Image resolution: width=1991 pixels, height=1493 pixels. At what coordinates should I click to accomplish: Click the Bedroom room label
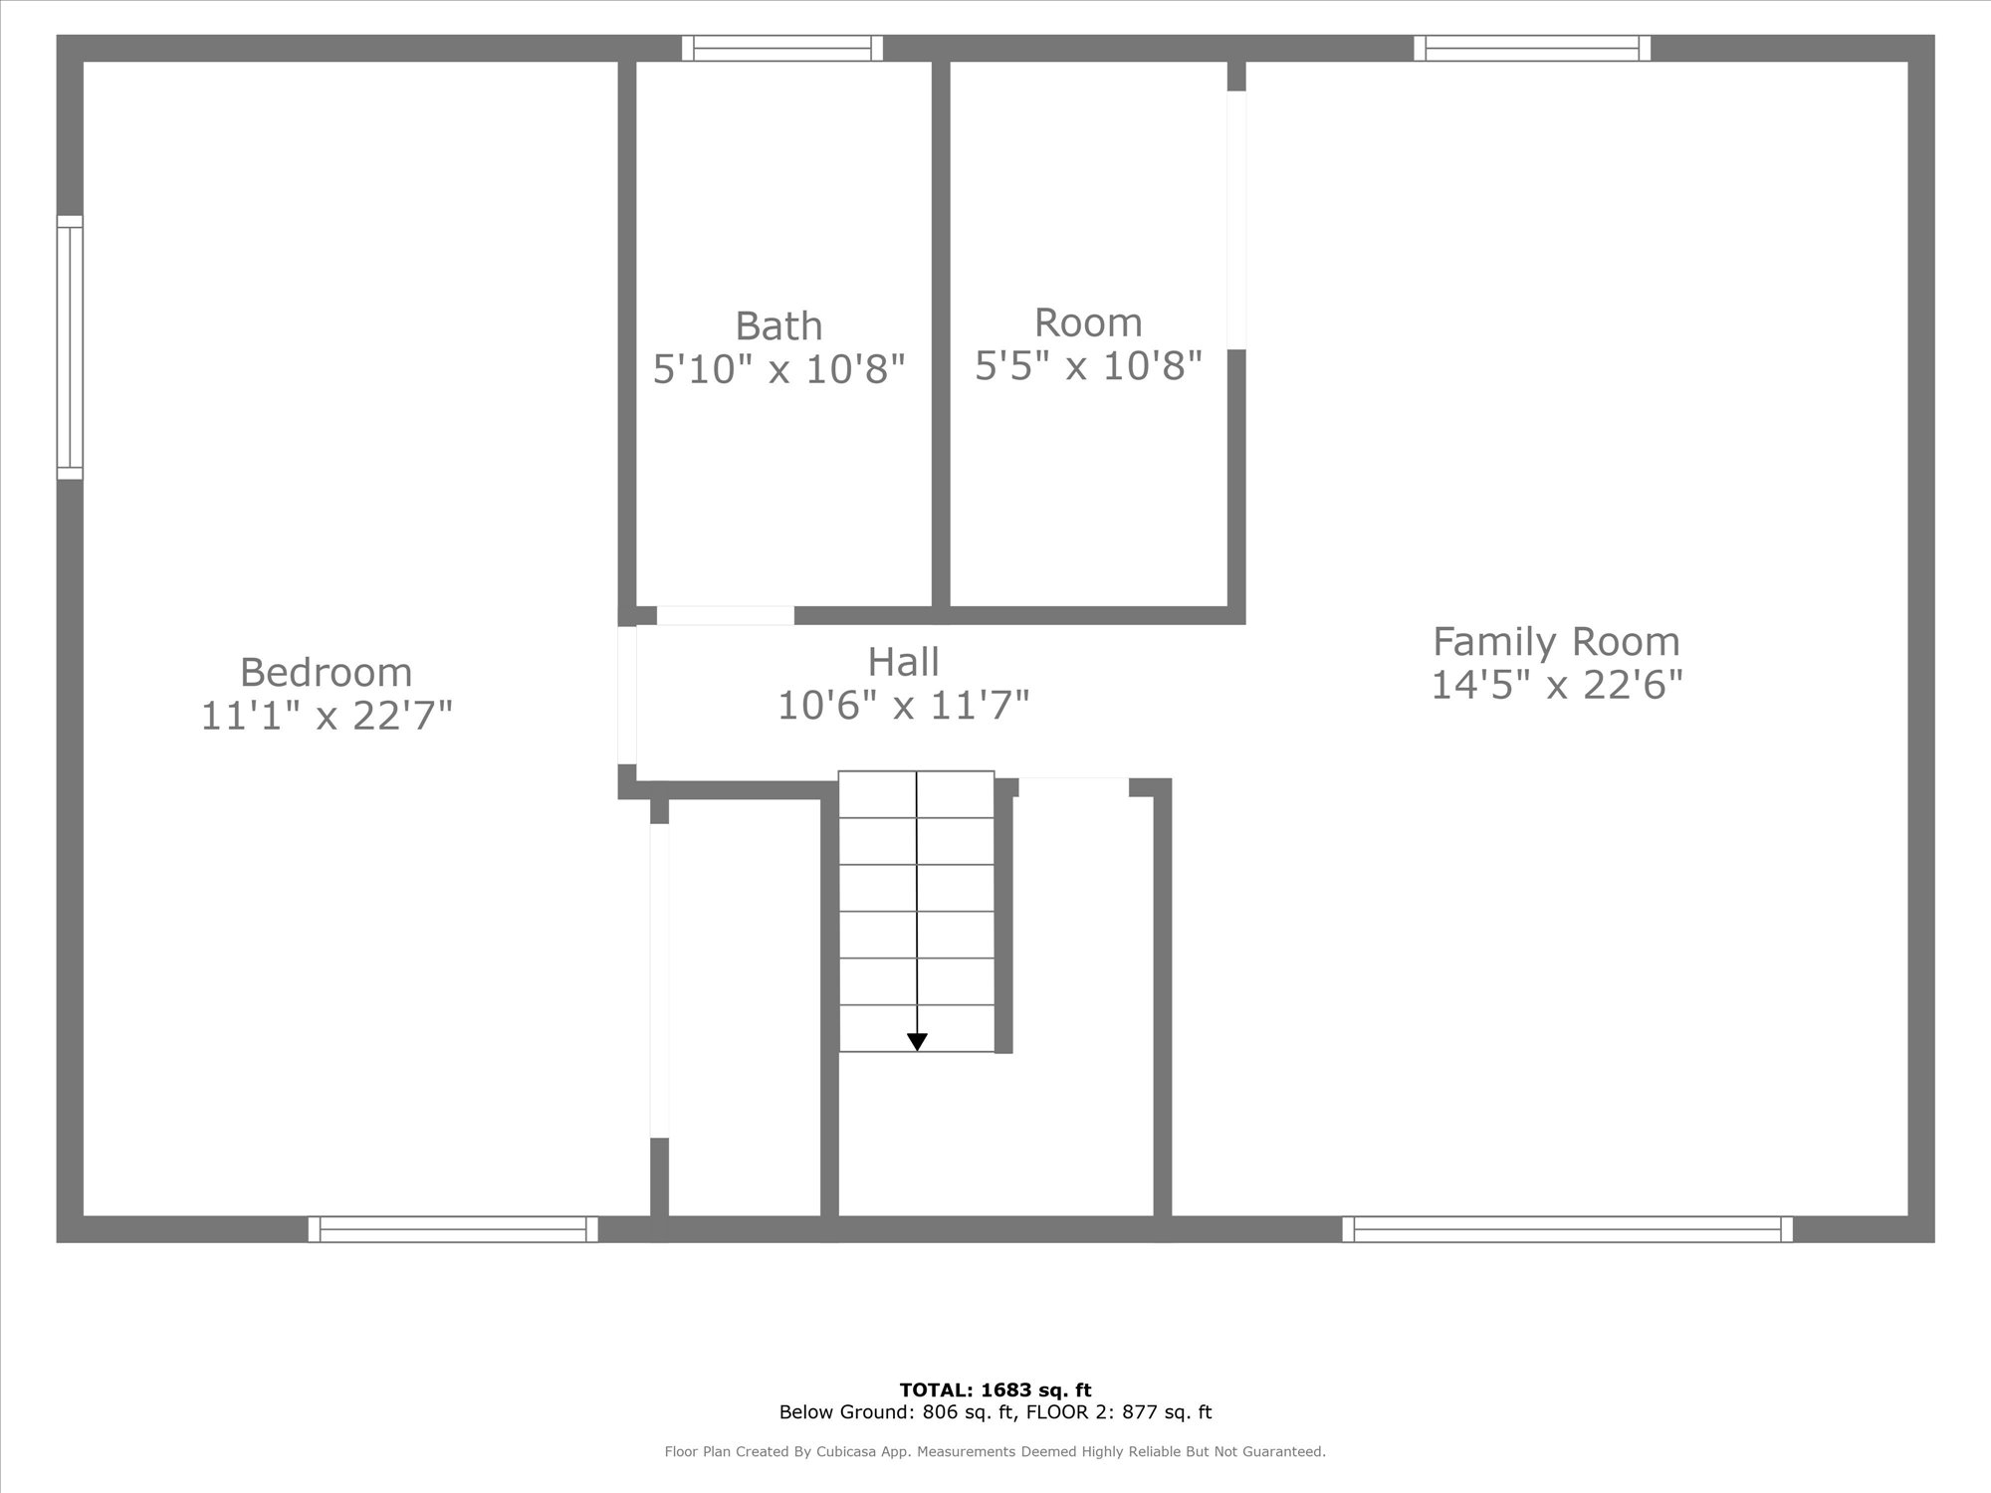[326, 673]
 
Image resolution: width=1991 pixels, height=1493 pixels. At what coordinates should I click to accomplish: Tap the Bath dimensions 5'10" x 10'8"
[778, 369]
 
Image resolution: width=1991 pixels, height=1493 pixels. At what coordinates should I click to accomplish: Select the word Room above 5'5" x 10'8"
[1088, 322]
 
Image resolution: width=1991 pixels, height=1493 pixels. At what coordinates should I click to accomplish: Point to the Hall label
[903, 662]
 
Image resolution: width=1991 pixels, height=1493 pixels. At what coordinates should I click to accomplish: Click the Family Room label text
[1556, 642]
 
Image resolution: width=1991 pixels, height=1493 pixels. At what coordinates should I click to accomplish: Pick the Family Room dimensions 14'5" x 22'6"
[1556, 685]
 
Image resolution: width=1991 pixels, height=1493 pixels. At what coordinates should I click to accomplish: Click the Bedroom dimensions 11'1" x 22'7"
[327, 716]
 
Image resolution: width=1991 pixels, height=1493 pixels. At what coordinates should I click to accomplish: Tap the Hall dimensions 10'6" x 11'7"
[903, 706]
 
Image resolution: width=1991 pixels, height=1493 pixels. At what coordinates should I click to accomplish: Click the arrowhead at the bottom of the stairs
[917, 1042]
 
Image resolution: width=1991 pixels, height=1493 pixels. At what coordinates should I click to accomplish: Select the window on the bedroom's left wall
[70, 347]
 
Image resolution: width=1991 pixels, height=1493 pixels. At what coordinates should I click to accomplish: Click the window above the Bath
[782, 48]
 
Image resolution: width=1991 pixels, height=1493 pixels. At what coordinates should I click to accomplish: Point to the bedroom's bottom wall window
[453, 1229]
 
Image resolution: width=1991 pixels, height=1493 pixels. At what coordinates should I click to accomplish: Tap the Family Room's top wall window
[1532, 48]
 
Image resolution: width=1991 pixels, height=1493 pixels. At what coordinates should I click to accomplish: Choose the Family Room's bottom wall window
[1567, 1229]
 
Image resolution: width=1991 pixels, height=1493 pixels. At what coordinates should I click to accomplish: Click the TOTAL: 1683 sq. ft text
[995, 1390]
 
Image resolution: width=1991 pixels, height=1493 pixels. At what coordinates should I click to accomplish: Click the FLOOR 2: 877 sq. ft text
[1120, 1412]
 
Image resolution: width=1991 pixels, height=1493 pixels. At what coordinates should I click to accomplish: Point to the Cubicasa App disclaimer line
[995, 1452]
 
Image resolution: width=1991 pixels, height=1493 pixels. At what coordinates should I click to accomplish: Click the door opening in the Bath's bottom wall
[725, 615]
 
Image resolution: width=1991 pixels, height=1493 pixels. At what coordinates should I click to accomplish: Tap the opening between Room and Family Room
[1236, 220]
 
